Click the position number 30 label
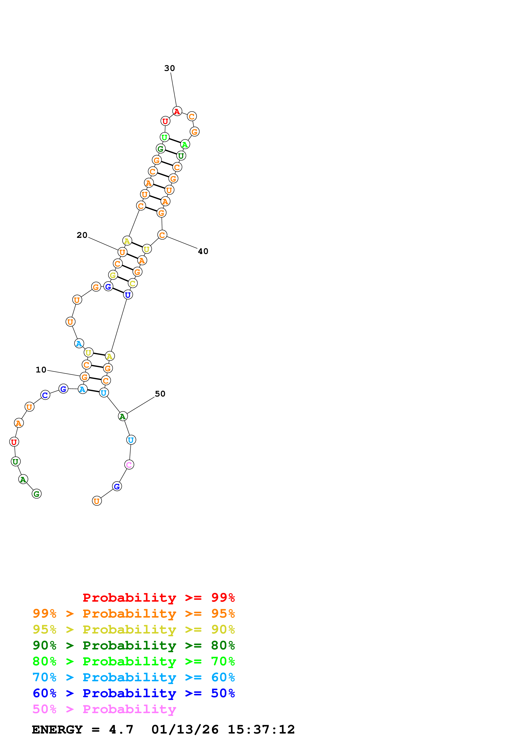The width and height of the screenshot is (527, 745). point(169,68)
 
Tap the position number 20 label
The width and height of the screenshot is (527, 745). point(82,235)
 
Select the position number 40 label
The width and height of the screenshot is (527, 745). point(203,251)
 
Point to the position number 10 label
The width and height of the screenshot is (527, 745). point(41,370)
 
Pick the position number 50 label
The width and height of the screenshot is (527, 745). point(160,394)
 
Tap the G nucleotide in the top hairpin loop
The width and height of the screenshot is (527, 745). point(195,132)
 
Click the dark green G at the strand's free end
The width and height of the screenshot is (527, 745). point(37,494)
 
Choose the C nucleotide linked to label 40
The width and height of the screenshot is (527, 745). point(162,235)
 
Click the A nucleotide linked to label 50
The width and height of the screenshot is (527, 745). point(123,416)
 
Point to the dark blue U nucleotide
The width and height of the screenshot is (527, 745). point(128,295)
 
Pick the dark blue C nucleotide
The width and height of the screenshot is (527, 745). point(45,395)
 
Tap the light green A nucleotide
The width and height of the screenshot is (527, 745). point(185,144)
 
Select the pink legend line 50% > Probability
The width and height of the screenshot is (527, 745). point(104,709)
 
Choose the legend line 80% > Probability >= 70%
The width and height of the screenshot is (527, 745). point(134,661)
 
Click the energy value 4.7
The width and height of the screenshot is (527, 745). point(121,730)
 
